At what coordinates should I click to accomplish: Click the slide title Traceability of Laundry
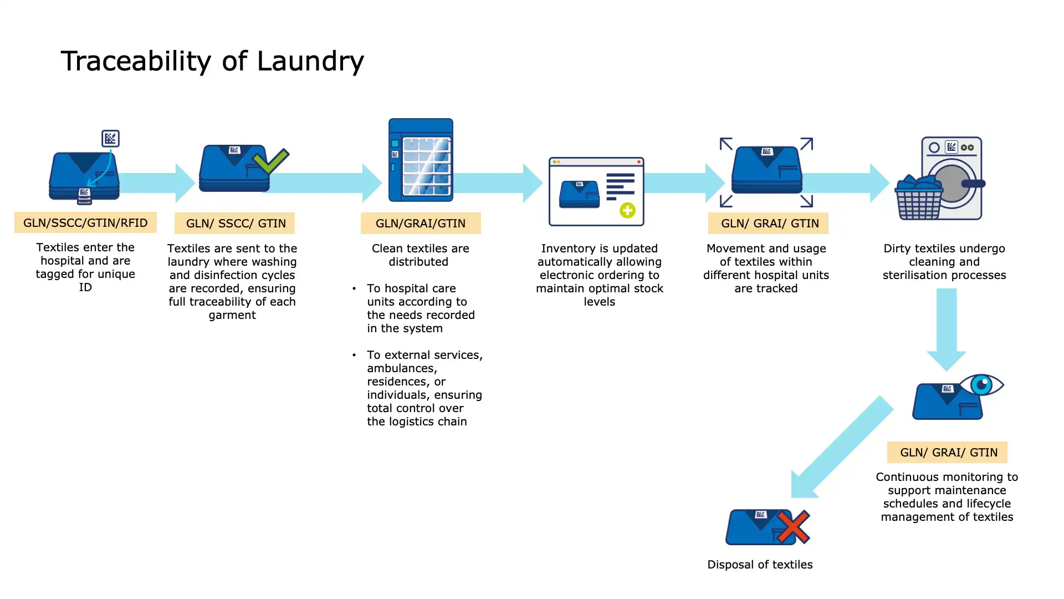coord(212,61)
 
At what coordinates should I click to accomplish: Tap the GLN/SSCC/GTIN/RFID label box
coord(85,223)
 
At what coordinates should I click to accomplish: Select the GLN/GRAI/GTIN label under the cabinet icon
coord(421,224)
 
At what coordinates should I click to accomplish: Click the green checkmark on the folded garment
coord(271,161)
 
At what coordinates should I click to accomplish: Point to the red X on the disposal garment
coord(793,527)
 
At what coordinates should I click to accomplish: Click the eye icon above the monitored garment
coord(981,384)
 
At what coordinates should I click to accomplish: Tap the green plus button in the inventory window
coord(627,211)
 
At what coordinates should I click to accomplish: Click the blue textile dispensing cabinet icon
coord(421,160)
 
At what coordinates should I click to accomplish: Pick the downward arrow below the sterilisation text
coord(947,329)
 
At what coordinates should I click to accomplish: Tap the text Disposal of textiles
coord(760,565)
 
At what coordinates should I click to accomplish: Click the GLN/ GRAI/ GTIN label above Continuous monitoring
coord(947,453)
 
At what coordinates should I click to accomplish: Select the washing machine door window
coord(952,183)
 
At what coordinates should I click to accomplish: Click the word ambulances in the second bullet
coord(402,368)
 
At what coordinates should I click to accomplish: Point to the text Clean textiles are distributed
coord(420,255)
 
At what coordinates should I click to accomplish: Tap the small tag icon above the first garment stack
coord(110,138)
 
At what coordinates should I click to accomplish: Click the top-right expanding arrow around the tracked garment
coord(807,144)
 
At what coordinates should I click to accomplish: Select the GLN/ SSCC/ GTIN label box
coord(235,224)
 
